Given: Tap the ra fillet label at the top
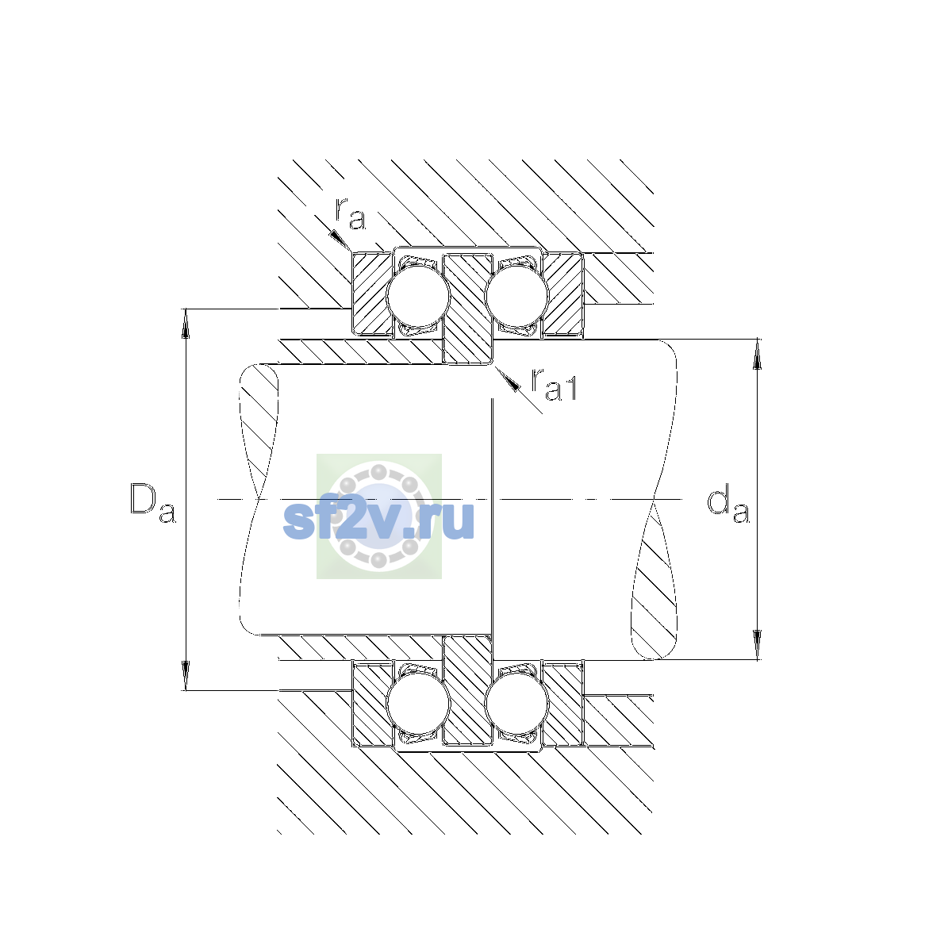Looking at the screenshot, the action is click(351, 213).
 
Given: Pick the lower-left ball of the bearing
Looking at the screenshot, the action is click(418, 704).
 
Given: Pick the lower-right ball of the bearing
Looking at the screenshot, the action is click(516, 704).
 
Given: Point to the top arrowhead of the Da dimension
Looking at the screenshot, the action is click(186, 324).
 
